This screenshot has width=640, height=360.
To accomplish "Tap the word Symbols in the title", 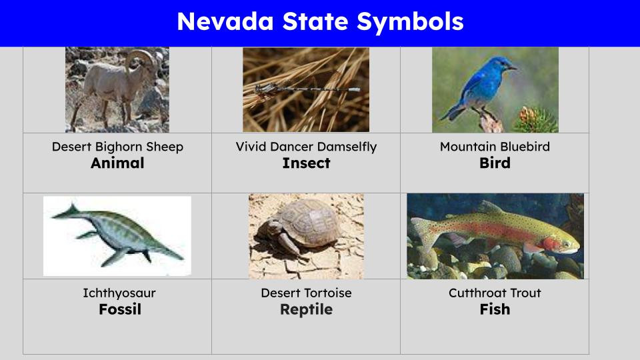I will [x=409, y=22].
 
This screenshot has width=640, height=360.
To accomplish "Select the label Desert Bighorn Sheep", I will [x=117, y=147].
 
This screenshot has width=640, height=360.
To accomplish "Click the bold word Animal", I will [x=117, y=163].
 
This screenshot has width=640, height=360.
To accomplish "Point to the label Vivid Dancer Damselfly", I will [x=306, y=147].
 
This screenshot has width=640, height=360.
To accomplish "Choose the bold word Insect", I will [x=306, y=163].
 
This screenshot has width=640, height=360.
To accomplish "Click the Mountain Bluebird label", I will [x=495, y=147].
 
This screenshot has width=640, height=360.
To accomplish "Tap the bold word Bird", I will [x=495, y=163].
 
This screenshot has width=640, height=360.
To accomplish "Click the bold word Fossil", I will [x=120, y=309].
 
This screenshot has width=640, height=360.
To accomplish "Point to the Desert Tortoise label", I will [x=306, y=293].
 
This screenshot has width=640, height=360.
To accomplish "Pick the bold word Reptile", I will [x=306, y=309].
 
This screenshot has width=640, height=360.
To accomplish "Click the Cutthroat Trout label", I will [x=495, y=293].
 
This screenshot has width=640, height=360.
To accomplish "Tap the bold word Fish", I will [x=495, y=309].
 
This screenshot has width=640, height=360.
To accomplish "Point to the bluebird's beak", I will [x=513, y=67].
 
